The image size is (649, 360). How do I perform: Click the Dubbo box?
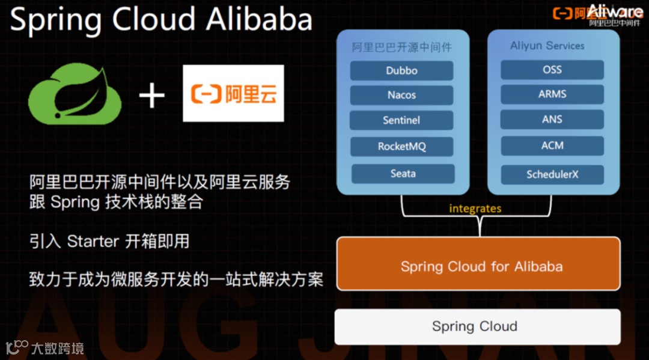point(401,70)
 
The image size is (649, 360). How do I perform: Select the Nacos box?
point(401,95)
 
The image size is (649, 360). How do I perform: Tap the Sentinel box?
point(401,120)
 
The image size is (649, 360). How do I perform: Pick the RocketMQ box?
point(402,146)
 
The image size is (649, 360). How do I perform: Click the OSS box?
point(552,70)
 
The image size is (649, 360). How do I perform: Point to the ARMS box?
point(552,94)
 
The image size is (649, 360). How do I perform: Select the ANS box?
point(552,119)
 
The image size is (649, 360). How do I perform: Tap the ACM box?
point(552,145)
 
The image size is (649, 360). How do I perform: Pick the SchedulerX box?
point(552,174)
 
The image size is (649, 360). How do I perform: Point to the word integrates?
point(475,209)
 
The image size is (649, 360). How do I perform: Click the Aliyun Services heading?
point(547,46)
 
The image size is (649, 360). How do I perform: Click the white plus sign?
point(151,95)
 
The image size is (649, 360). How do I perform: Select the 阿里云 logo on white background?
point(233,94)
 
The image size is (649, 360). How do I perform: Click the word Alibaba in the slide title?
point(259,19)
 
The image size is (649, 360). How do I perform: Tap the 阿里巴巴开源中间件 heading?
point(401,47)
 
